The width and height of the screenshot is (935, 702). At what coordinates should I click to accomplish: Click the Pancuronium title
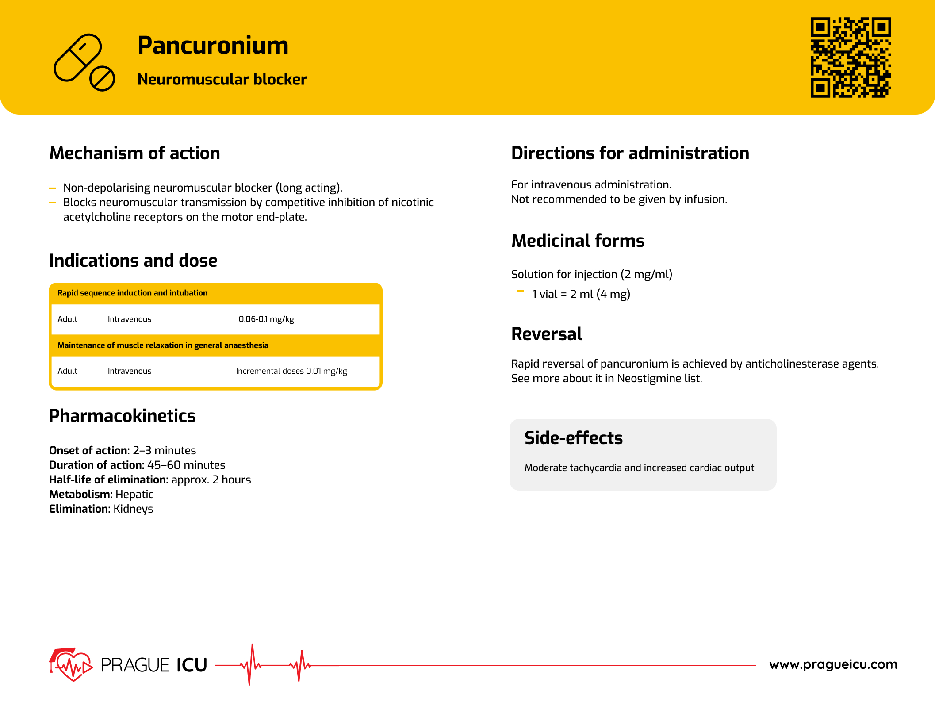[x=213, y=46]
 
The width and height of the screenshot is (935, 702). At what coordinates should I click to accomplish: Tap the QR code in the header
[x=850, y=57]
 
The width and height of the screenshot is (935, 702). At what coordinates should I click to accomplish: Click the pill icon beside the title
[x=84, y=62]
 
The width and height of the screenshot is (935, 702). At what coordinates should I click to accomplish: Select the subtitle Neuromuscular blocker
[x=222, y=80]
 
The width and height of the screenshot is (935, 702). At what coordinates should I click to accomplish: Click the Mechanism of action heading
[x=134, y=153]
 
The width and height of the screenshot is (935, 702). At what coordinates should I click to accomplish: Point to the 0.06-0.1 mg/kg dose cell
[x=266, y=319]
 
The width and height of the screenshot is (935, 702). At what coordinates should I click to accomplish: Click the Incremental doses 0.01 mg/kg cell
[x=291, y=371]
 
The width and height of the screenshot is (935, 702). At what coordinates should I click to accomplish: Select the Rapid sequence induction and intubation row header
[x=132, y=293]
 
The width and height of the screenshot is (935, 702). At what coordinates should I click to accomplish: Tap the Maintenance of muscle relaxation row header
[x=163, y=345]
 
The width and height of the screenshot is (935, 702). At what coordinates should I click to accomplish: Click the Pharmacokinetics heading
[x=122, y=416]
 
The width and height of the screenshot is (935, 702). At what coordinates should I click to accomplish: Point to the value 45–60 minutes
[x=186, y=465]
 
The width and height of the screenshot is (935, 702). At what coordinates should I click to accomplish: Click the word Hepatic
[x=134, y=495]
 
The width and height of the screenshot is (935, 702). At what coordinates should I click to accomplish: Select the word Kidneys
[x=133, y=509]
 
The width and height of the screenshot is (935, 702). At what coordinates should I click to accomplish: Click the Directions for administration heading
[x=630, y=153]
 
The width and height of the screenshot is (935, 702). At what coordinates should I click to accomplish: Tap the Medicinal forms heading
[x=578, y=241]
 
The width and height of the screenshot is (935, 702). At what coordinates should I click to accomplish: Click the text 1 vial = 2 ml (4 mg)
[x=581, y=295]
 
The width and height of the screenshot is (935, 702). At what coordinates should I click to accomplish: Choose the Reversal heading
[x=546, y=334]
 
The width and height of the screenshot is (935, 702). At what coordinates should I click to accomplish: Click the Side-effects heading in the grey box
[x=573, y=438]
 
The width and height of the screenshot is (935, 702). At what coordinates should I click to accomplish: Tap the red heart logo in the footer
[x=71, y=664]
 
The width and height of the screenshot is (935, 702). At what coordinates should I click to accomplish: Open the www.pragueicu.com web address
[x=833, y=664]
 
